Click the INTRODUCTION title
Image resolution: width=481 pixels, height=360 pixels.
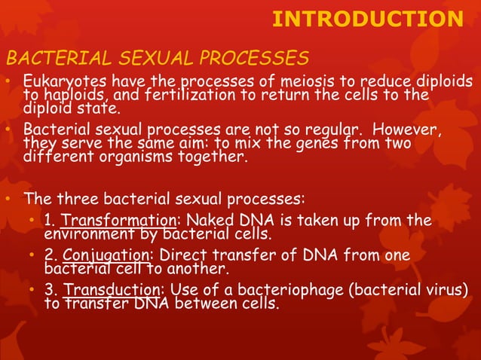pyautogui.click(x=367, y=20)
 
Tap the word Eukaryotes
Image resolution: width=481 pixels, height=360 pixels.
pyautogui.click(x=61, y=81)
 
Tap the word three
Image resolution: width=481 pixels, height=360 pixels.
pyautogui.click(x=78, y=200)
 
